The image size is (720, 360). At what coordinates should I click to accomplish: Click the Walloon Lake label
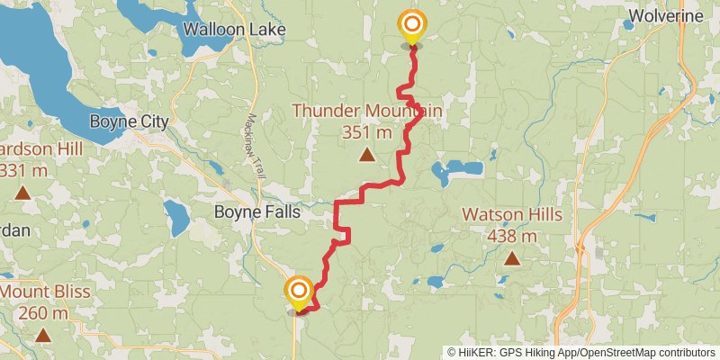coord(234,29)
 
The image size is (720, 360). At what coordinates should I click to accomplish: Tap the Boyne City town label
coord(130,121)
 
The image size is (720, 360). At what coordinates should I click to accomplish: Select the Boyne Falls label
coord(256,213)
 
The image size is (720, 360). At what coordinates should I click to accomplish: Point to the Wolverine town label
coord(666,16)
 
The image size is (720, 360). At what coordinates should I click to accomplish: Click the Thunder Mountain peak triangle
coord(366,155)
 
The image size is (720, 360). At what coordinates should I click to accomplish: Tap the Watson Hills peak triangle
coord(512,259)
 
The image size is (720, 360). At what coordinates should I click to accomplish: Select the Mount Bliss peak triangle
coord(42,336)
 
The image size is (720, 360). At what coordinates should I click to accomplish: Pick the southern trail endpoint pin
coord(298,292)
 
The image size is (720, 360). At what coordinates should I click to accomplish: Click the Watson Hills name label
coord(512,215)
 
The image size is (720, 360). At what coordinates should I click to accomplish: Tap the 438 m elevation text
coord(512,236)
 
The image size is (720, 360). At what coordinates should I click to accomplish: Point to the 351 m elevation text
coord(367,132)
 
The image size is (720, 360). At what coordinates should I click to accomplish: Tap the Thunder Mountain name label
coord(367,111)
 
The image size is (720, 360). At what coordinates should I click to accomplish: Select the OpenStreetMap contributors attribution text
coord(644,352)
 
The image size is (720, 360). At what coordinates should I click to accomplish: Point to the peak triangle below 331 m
coord(21,192)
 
